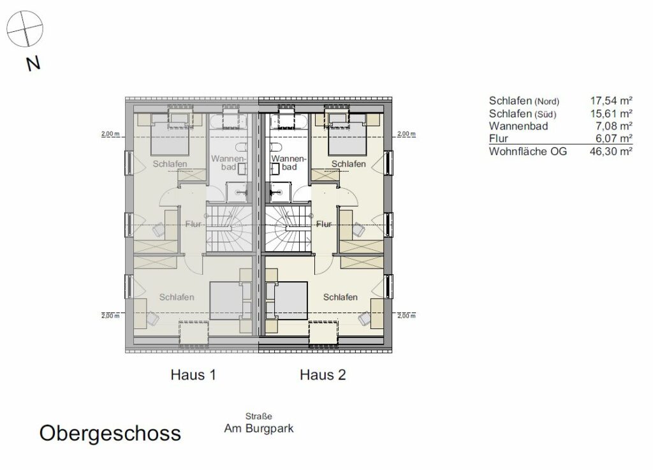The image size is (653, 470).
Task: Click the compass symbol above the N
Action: (25, 28)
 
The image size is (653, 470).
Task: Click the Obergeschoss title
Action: (110, 434)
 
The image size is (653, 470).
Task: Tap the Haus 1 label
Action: (193, 375)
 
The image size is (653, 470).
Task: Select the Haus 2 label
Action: (323, 375)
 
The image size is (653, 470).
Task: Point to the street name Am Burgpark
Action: (259, 429)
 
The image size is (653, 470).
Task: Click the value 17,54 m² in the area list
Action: (611, 101)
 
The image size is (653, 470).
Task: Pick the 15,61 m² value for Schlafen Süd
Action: (611, 114)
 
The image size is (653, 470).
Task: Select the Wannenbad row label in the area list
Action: (518, 126)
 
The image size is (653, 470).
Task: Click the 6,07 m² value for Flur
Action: (613, 138)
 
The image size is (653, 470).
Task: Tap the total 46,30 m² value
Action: (611, 151)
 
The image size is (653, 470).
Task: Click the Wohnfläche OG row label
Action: (527, 151)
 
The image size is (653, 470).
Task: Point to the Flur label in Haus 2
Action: (324, 224)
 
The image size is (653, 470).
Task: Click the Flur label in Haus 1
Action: (193, 224)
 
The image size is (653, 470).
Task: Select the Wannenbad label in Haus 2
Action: (289, 163)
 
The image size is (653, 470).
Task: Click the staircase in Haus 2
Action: (288, 228)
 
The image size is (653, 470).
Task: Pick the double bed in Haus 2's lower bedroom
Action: (286, 301)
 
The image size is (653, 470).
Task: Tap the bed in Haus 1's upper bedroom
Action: (170, 135)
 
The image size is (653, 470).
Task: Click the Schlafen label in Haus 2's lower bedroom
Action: (341, 297)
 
